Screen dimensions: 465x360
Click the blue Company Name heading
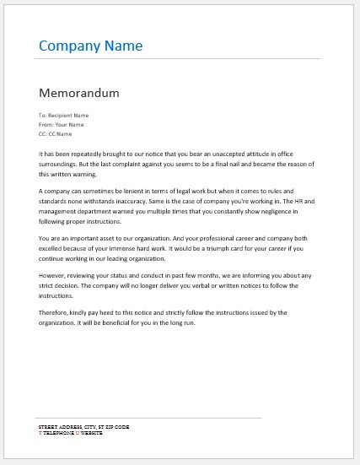tap(91, 45)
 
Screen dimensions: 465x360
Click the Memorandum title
tap(78, 92)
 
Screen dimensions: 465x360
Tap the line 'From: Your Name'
tap(61, 124)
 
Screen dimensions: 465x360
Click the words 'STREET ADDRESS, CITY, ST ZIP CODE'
tap(83, 428)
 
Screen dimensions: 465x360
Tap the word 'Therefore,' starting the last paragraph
tap(56, 312)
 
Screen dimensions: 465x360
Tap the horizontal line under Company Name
tap(178, 59)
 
